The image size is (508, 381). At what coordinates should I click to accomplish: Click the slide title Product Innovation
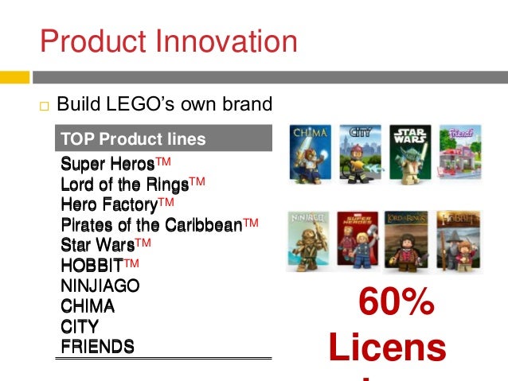pyautogui.click(x=168, y=41)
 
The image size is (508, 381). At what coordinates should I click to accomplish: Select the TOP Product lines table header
pyautogui.click(x=133, y=139)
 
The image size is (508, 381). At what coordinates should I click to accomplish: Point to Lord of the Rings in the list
pyautogui.click(x=125, y=185)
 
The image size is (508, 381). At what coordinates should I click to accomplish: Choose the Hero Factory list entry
pyautogui.click(x=109, y=204)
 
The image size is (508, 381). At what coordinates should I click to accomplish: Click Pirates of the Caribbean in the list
pyautogui.click(x=151, y=225)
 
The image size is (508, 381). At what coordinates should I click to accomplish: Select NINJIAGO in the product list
pyautogui.click(x=100, y=286)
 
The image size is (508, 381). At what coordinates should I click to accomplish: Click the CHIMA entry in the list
pyautogui.click(x=88, y=306)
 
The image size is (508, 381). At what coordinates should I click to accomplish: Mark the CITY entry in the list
pyautogui.click(x=80, y=326)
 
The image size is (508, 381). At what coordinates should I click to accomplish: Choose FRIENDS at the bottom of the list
pyautogui.click(x=97, y=346)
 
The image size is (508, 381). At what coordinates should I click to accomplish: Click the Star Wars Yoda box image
pyautogui.click(x=410, y=150)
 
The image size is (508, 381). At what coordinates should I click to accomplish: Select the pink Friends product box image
pyautogui.click(x=460, y=150)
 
